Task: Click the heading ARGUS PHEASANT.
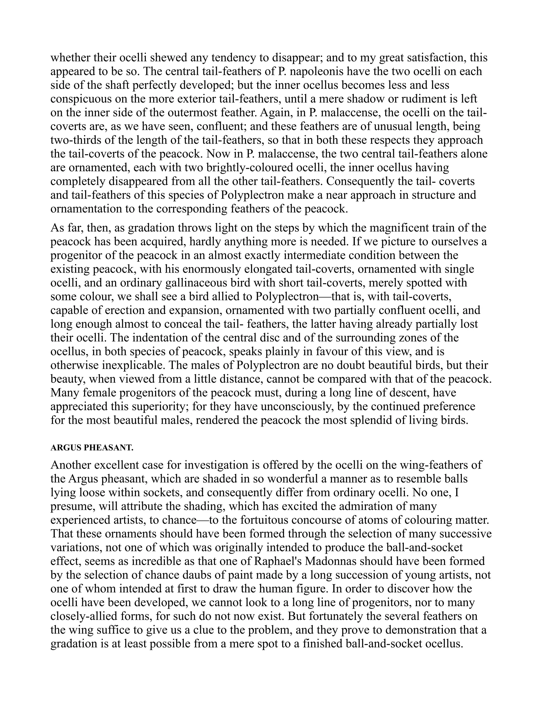[92, 448]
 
